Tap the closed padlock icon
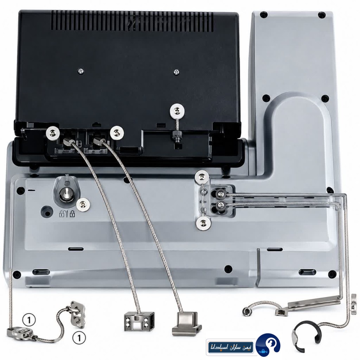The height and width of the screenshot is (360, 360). (x=72, y=214)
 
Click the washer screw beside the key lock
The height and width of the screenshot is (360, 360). (x=83, y=204)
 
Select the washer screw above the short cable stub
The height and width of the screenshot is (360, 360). (x=177, y=111)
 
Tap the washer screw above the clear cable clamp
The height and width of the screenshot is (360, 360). (x=202, y=177)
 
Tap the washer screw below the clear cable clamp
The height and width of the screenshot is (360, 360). (x=203, y=223)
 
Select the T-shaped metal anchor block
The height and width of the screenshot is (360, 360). (x=186, y=322)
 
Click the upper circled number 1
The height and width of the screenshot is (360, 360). (x=29, y=320)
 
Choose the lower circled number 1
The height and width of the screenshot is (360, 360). (x=79, y=338)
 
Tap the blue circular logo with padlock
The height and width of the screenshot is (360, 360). (x=268, y=345)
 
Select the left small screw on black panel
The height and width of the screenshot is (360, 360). (x=81, y=71)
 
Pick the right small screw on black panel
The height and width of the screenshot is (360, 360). (x=176, y=72)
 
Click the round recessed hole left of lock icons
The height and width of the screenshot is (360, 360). (x=47, y=212)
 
